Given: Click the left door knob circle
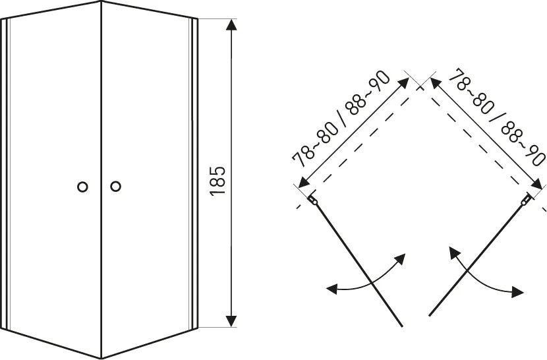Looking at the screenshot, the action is [x=82, y=187].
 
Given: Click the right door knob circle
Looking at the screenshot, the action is [x=115, y=186].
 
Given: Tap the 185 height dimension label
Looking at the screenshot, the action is [x=218, y=181].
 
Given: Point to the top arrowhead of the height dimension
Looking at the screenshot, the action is [x=231, y=24].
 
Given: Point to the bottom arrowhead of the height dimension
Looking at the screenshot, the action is [x=231, y=321].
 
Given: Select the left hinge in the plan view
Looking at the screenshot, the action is [x=312, y=200].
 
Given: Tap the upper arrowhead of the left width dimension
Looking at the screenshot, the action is [x=405, y=82].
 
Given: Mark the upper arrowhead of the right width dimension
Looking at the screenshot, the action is [x=435, y=83].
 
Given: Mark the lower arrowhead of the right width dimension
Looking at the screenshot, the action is [x=536, y=184].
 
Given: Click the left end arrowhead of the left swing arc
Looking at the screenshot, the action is [x=331, y=288].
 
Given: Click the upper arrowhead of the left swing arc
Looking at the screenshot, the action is [x=401, y=259].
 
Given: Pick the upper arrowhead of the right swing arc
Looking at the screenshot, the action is [x=453, y=251].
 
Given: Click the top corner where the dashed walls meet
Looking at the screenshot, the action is [x=420, y=88].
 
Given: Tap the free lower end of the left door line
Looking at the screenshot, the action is [x=402, y=326].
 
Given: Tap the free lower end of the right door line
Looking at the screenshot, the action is [x=430, y=315].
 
